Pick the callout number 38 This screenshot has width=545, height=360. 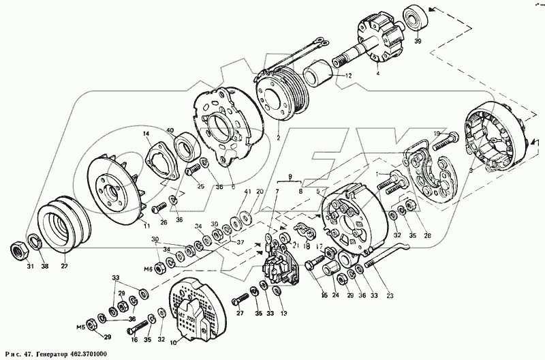click(45, 266)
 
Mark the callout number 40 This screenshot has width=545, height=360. click(170, 132)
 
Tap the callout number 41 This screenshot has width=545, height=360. click(247, 193)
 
